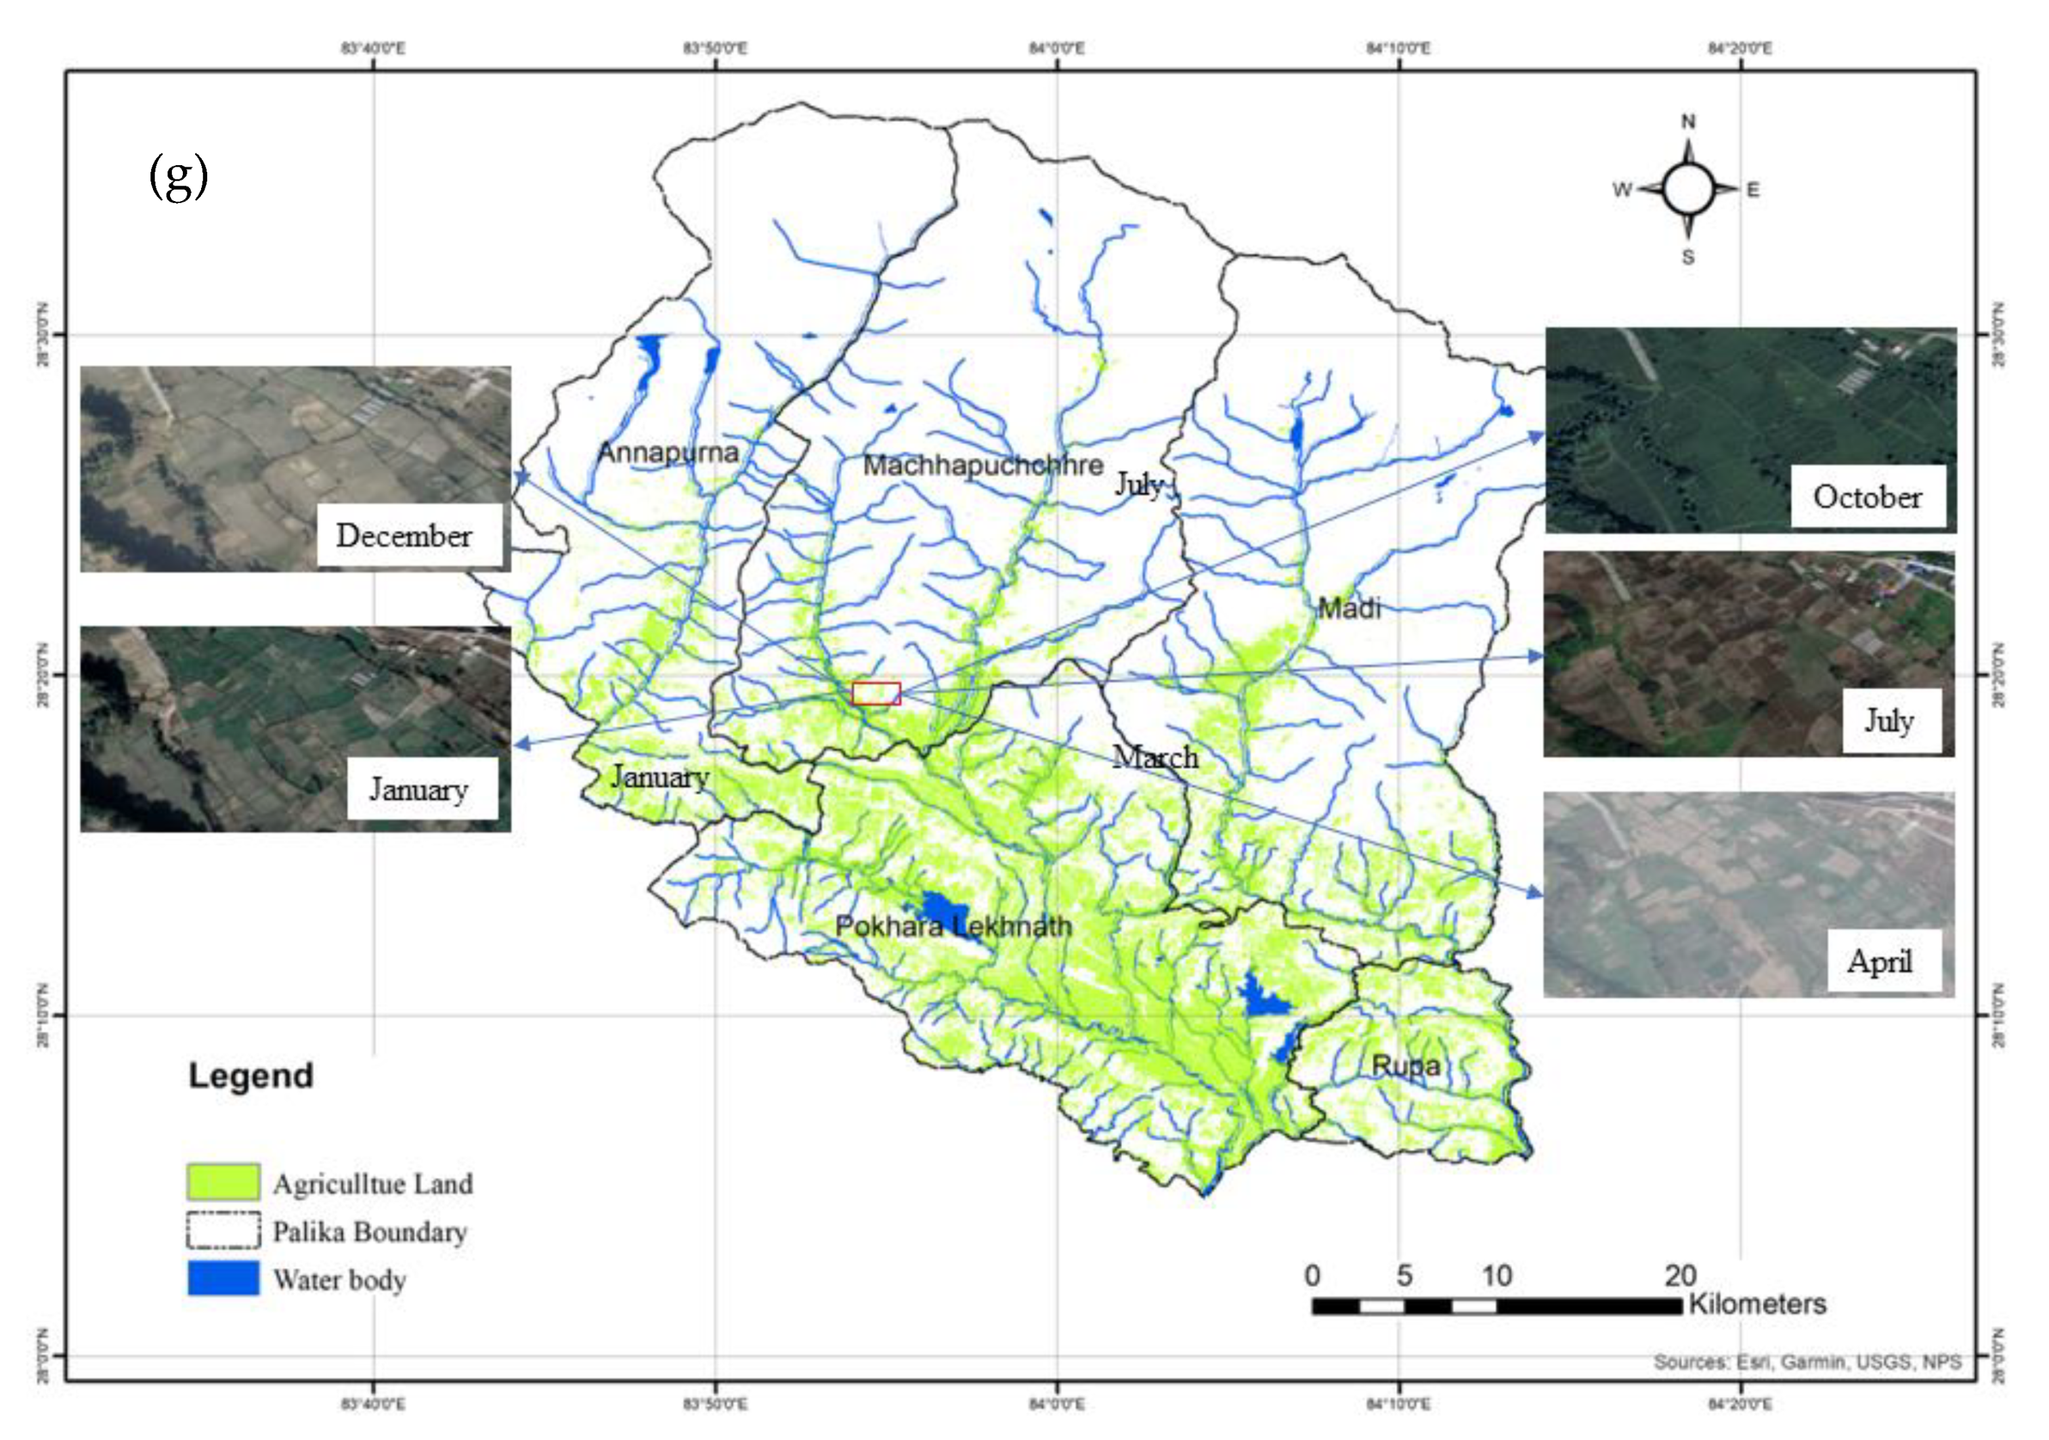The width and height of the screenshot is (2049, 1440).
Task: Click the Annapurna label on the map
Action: [x=668, y=452]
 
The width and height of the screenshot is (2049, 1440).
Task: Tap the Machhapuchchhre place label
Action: [x=983, y=465]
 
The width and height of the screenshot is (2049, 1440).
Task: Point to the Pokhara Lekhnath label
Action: [x=953, y=926]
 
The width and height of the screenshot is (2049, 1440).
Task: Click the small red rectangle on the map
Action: [x=876, y=693]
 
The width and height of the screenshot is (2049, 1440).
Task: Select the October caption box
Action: [x=1867, y=496]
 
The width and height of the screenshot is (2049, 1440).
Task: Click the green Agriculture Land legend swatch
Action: [x=223, y=1181]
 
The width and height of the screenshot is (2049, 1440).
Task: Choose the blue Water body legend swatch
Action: [x=223, y=1278]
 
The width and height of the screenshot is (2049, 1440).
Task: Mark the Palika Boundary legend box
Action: [x=223, y=1229]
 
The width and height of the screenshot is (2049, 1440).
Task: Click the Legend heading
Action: [x=251, y=1075]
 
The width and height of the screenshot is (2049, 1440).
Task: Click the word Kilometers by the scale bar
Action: [x=1756, y=1303]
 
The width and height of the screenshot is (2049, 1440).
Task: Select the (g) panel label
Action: [x=179, y=176]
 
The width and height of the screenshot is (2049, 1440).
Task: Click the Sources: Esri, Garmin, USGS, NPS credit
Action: [x=1807, y=1361]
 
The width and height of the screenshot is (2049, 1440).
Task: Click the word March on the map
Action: [x=1156, y=757]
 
